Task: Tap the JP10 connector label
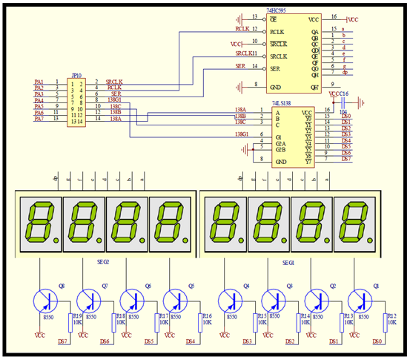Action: point(74,75)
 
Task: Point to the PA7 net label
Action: point(39,119)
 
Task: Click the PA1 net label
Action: point(39,82)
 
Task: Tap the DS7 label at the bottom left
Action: point(63,341)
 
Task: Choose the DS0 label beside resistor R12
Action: point(377,341)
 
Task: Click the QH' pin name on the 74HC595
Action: point(314,86)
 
